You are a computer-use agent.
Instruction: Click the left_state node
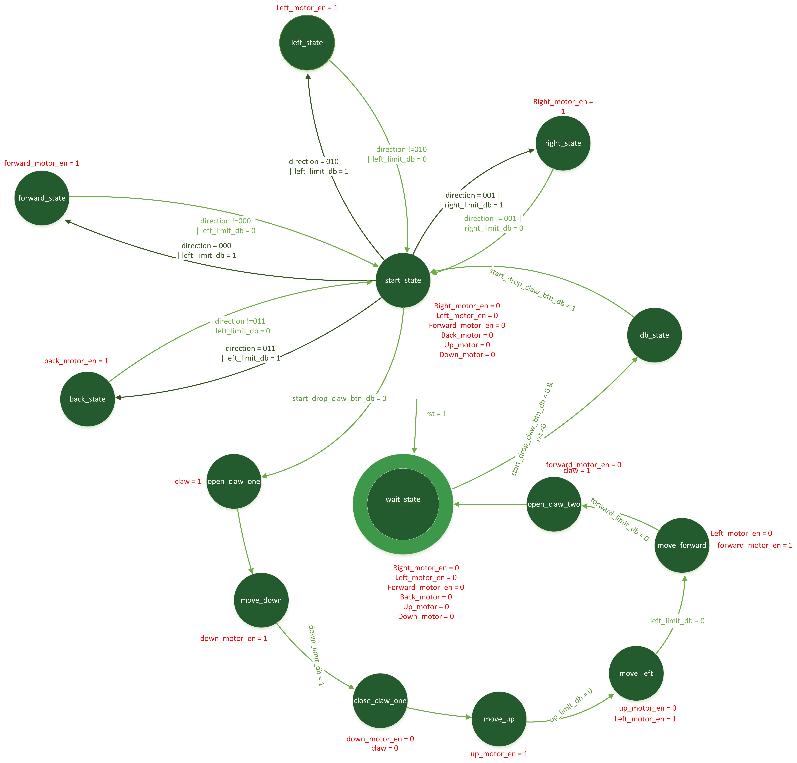(307, 43)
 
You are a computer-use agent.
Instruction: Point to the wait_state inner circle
(403, 504)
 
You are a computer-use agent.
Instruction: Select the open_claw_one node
(234, 481)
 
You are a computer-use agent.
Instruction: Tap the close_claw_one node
(380, 701)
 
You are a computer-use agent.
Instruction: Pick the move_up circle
(499, 719)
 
